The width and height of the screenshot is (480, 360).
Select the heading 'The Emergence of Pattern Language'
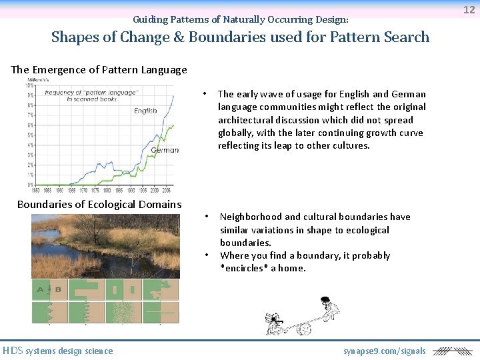pos(99,69)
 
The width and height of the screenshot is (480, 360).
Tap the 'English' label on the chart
pos(145,111)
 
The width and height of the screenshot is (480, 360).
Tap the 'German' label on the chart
pos(164,150)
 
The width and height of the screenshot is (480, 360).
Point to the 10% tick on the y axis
pos(30,86)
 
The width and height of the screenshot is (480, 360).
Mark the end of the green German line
pos(174,125)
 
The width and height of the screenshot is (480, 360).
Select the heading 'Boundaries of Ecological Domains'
pos(99,204)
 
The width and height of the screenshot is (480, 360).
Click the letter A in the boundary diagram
pos(41,289)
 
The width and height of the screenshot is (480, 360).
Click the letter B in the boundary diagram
pos(58,289)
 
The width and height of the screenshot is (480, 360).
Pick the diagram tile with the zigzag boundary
pos(49,313)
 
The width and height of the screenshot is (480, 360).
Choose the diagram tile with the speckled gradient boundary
pos(123,313)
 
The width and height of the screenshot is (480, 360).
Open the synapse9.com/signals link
pos(384,351)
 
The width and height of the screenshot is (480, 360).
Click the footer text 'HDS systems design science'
pos(58,351)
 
